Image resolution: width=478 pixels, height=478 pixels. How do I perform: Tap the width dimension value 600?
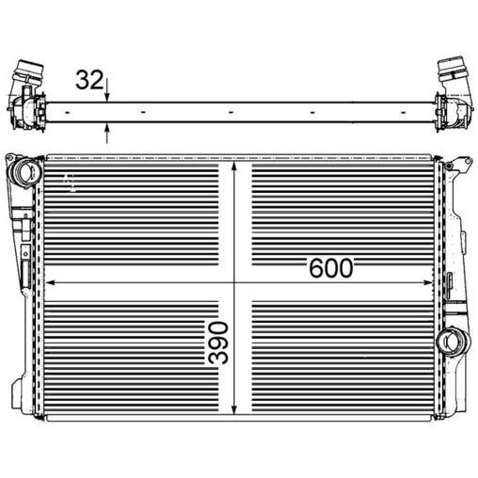click(330, 268)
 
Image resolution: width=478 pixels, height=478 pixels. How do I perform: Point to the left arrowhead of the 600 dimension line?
click(49, 281)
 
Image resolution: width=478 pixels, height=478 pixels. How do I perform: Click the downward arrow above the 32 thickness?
click(108, 95)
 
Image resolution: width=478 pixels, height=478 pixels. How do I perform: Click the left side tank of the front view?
click(28, 282)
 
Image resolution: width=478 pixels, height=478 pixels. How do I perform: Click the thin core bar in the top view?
click(235, 112)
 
